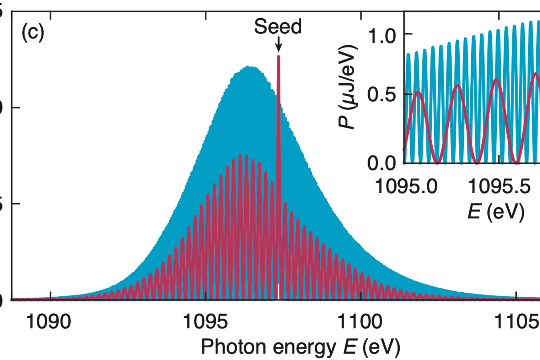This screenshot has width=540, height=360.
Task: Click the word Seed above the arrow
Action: click(278, 26)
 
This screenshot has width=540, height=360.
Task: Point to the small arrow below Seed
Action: click(278, 44)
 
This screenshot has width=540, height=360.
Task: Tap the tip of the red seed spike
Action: click(278, 57)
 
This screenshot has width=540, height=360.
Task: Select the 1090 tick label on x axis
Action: click(48, 321)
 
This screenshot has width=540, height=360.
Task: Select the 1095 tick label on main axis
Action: click(205, 321)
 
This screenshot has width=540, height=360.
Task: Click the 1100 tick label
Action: click(360, 321)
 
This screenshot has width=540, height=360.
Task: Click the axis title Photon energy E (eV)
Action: click(300, 347)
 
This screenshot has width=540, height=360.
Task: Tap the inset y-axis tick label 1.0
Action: click(382, 36)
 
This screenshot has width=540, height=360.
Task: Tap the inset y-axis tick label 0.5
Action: click(382, 95)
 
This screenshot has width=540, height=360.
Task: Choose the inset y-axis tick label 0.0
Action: click(382, 163)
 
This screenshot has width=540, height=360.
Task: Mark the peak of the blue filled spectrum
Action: click(250, 67)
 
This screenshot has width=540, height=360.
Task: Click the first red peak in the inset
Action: click(418, 92)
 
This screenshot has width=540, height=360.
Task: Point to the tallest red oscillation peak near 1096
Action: click(240, 155)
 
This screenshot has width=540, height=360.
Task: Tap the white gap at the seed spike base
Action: click(278, 292)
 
